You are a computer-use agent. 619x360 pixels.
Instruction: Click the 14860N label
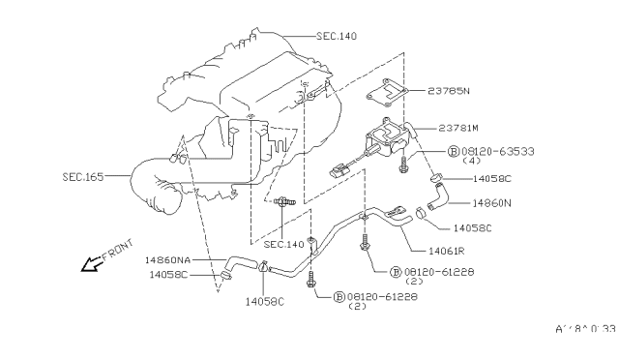pos(493,203)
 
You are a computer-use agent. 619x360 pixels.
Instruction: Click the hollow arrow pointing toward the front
pos(93,262)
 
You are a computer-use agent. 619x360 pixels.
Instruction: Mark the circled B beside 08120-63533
pos(453,152)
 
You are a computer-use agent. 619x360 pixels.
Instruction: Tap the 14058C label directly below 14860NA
pos(168,275)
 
